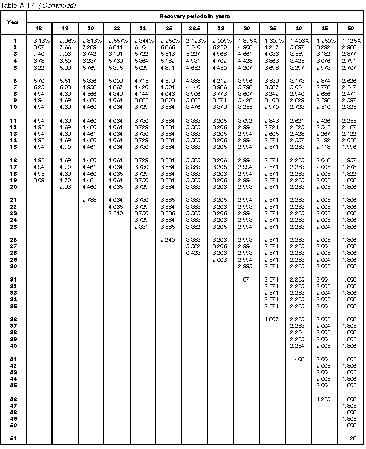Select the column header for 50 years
351,29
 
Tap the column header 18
39,29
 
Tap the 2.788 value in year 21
91,200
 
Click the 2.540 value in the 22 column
116,213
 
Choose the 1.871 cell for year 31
246,279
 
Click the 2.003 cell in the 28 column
220,259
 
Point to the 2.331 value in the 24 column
142,227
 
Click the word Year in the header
13,22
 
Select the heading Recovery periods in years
195,16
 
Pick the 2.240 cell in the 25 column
168,240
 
